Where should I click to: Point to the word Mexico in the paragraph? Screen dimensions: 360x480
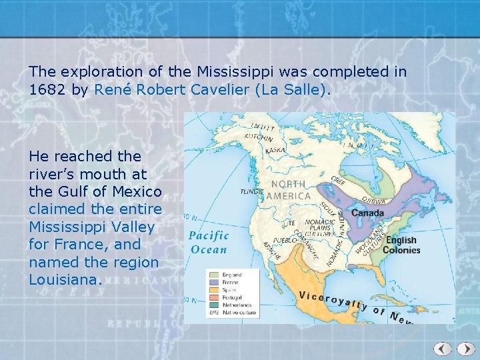139,192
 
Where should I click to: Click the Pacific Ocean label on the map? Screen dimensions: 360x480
209,243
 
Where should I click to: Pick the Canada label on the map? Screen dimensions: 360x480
367,213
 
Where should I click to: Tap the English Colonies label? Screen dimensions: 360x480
401,245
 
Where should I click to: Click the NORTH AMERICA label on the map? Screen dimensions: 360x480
289,190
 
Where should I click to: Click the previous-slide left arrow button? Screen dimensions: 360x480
443,349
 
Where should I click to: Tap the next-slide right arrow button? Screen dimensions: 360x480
463,349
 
